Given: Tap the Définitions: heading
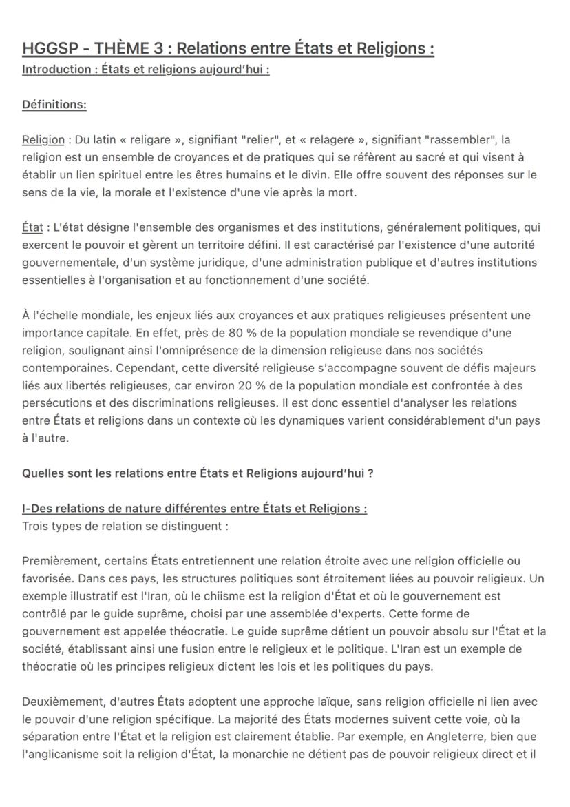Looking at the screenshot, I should point(54,105).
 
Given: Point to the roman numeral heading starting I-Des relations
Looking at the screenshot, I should point(194,509).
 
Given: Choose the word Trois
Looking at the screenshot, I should point(36,526).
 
